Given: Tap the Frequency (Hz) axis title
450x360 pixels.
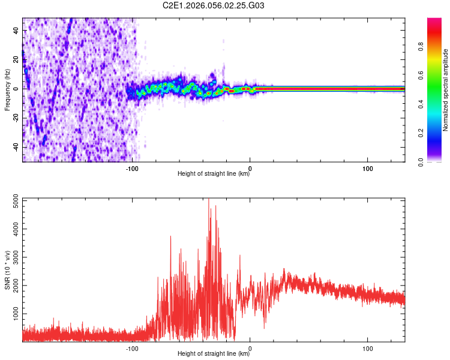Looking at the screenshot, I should pyautogui.click(x=7, y=89).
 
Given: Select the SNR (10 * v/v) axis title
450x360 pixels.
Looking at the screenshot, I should pyautogui.click(x=7, y=270).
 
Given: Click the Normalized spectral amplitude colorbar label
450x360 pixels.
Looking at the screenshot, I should pyautogui.click(x=446, y=90).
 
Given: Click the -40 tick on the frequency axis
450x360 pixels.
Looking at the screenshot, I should pyautogui.click(x=16, y=147).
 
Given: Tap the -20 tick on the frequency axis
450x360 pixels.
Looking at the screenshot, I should pyautogui.click(x=16, y=118).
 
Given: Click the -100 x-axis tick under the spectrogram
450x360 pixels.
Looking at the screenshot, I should pyautogui.click(x=133, y=168).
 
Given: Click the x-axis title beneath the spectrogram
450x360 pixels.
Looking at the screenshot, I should pyautogui.click(x=214, y=174).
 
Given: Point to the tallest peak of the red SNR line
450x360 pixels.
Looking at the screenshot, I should pyautogui.click(x=209, y=200).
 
